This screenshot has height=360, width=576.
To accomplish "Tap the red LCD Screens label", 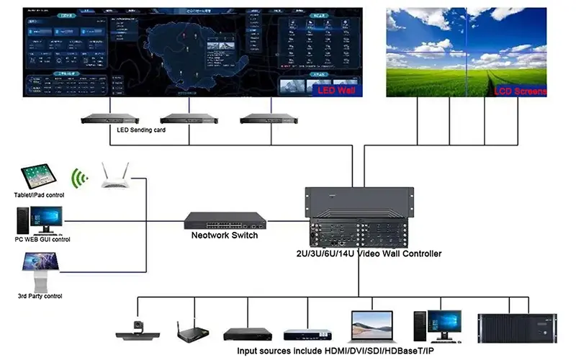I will coord(520,91).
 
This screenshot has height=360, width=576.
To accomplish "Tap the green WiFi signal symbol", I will coord(79,177).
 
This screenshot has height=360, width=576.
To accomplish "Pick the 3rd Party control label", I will coord(40,296).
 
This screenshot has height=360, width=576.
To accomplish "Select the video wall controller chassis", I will coord(358,216).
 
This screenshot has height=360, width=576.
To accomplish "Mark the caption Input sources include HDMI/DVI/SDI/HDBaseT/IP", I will coord(336,351).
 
